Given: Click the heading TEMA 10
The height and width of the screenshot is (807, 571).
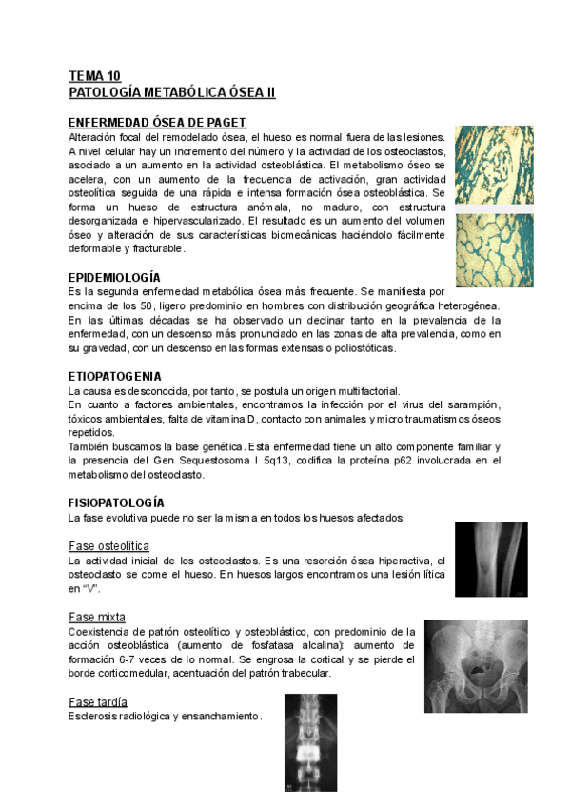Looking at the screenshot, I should (94, 76).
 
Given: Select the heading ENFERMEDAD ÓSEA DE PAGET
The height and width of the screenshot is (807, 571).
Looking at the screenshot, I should (158, 123).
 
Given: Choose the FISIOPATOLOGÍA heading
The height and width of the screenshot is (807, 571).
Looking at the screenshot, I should (116, 502).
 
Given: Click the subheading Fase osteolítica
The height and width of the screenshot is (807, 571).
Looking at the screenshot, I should (108, 545).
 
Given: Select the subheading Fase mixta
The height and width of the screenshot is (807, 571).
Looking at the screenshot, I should (97, 617).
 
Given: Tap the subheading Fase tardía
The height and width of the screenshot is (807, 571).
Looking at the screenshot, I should (99, 701).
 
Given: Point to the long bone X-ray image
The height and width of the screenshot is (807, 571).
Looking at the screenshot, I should (491, 561).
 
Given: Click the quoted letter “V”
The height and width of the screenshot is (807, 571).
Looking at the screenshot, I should (90, 589).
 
